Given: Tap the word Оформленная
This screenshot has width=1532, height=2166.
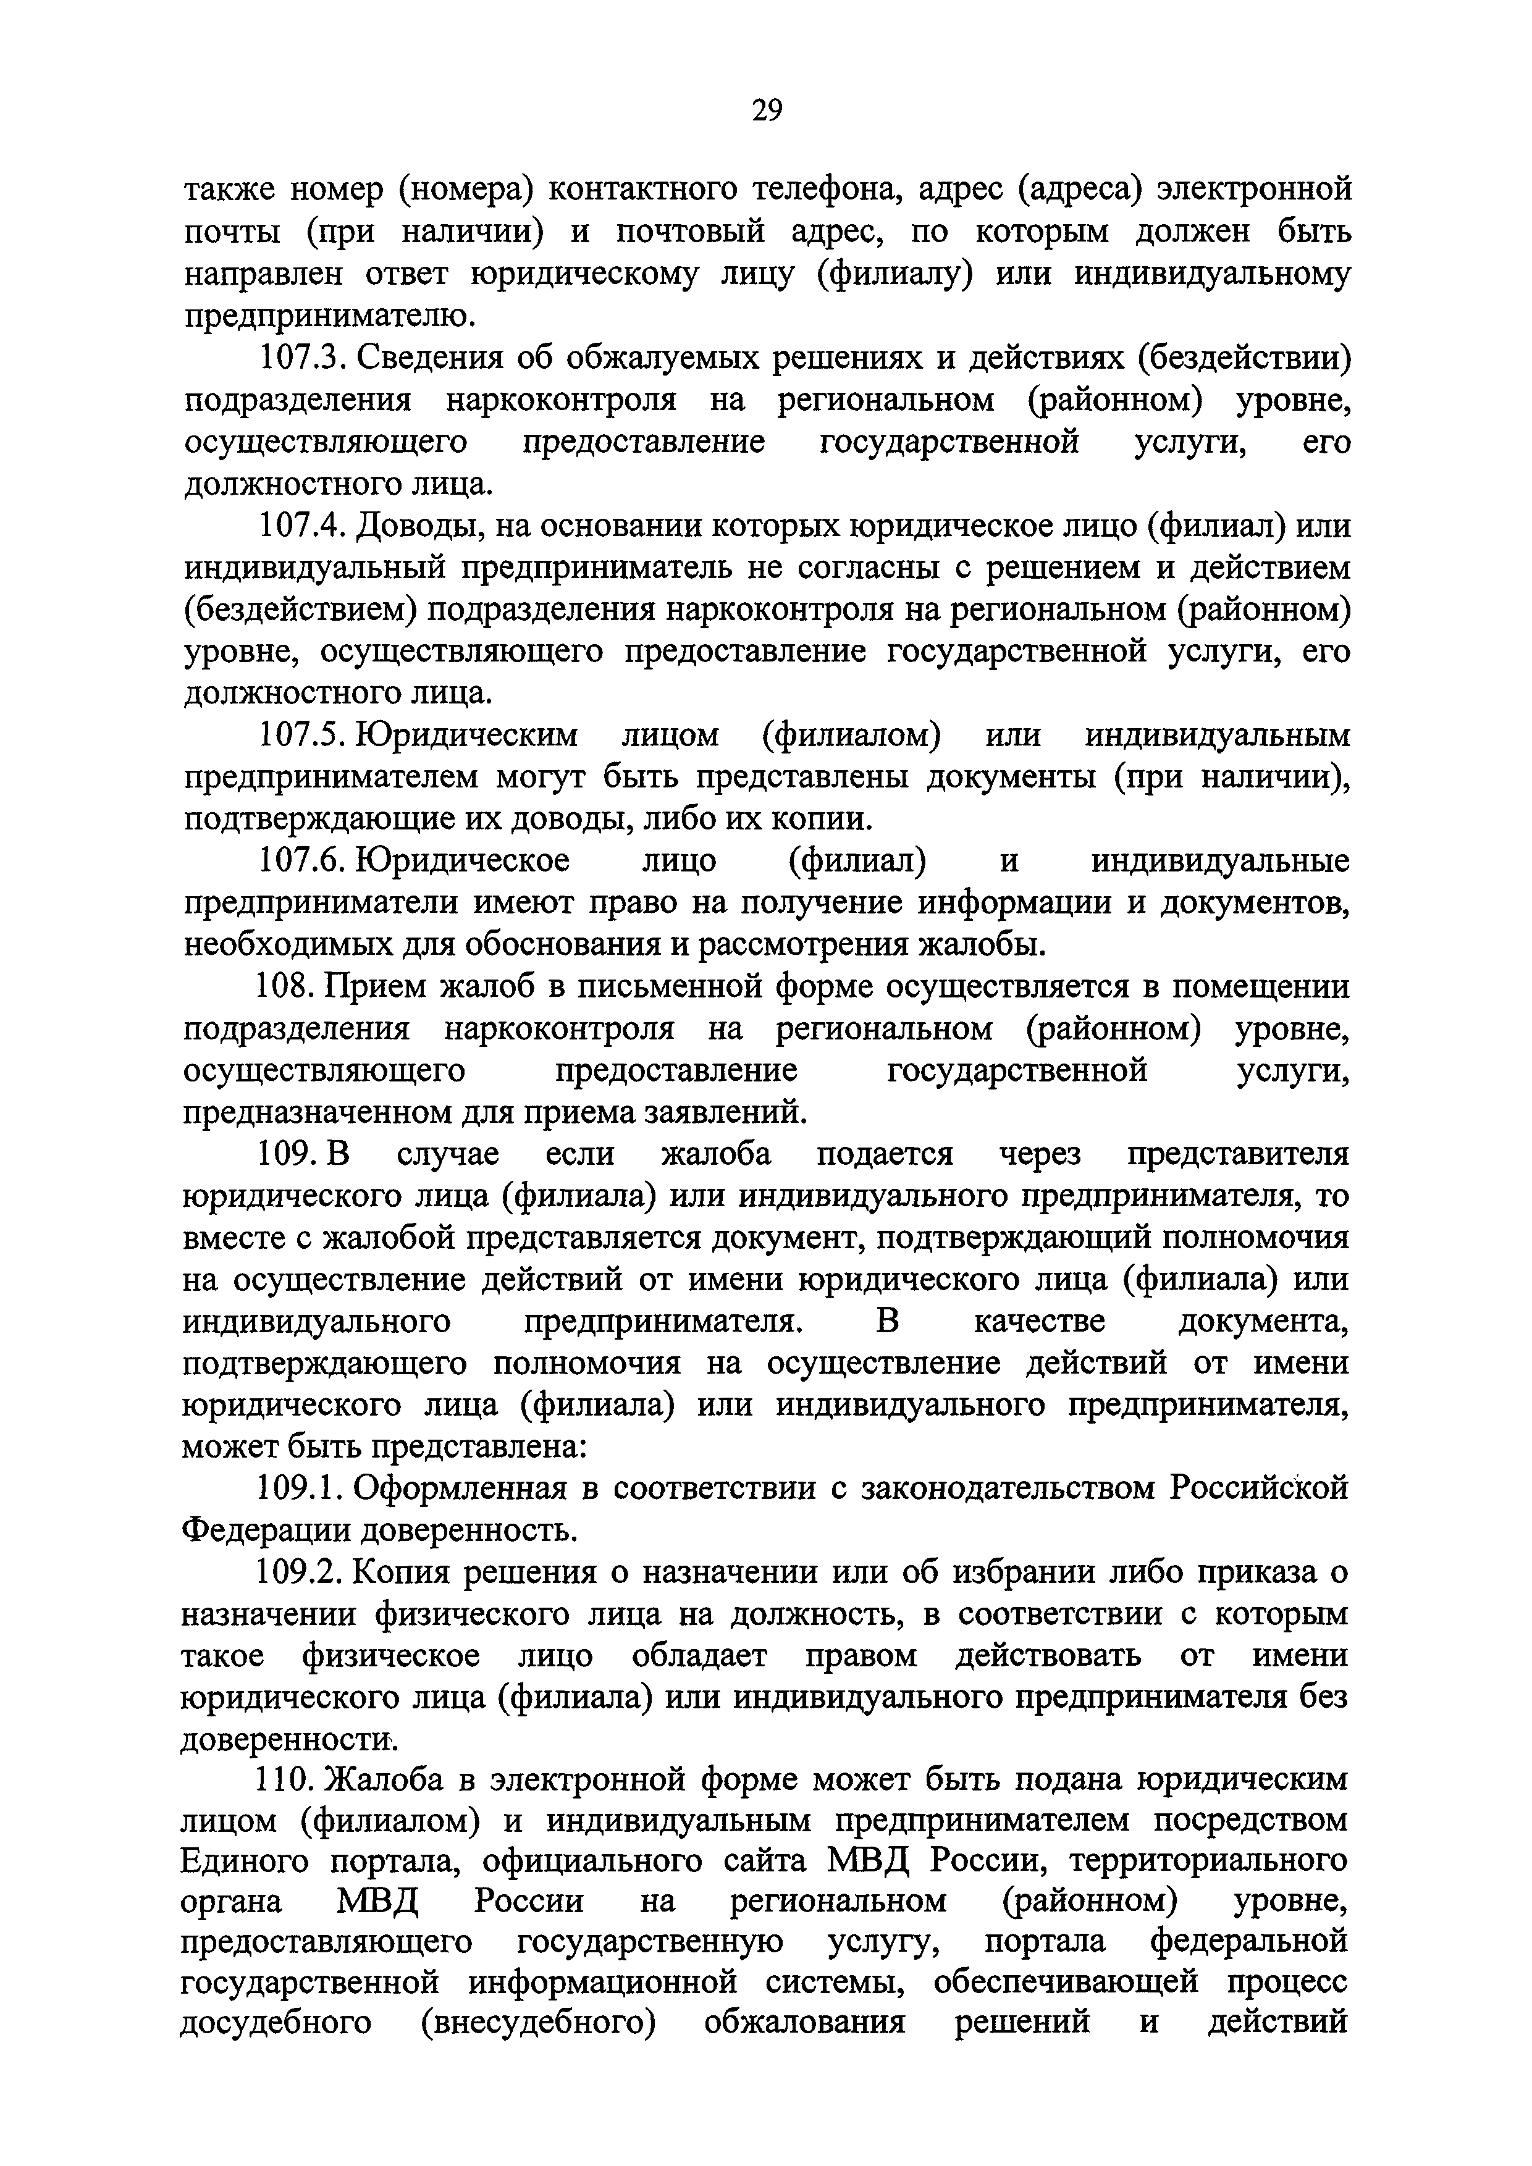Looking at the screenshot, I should (x=460, y=1488).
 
